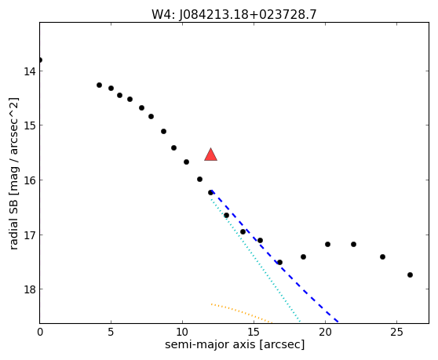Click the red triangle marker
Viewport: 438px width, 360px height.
pos(210,155)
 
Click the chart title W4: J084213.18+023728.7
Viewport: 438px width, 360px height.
pos(234,15)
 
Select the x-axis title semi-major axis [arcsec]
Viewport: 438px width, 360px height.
pos(235,344)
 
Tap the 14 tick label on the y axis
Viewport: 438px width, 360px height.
pos(29,71)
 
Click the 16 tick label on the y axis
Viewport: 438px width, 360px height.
pos(29,180)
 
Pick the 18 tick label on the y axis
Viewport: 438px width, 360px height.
pos(29,289)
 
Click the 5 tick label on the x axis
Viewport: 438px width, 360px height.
pos(111,332)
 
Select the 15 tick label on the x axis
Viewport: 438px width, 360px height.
pos(254,332)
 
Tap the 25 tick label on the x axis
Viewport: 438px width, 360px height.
pos(396,332)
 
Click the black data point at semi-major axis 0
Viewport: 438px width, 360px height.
pos(40,60)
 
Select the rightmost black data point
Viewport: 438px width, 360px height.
pos(410,275)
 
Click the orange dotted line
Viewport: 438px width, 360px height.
pos(242,312)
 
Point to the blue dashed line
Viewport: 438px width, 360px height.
pos(275,256)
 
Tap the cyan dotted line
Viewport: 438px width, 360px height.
pos(256,261)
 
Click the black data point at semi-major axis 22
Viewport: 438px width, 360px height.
pos(354,244)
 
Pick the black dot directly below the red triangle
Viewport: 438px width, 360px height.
pos(210,193)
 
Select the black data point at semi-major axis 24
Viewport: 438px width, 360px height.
pos(383,256)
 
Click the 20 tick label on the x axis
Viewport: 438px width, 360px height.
pos(325,332)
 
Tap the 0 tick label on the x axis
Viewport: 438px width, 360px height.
pos(40,332)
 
